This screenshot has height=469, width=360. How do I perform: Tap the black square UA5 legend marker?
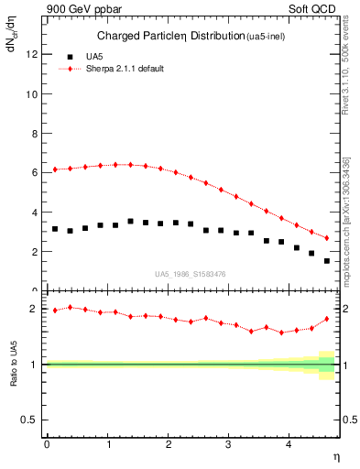click(71, 56)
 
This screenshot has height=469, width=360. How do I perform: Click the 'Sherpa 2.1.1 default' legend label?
click(125, 69)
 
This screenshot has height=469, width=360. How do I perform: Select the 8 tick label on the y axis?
click(34, 133)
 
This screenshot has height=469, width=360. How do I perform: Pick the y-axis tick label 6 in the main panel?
click(34, 172)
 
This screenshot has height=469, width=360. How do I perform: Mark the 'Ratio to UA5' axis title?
click(13, 364)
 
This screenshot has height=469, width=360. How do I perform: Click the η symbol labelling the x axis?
click(335, 455)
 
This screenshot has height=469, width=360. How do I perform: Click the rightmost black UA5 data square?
click(327, 261)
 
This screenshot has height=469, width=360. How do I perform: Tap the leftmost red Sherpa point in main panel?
click(55, 169)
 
